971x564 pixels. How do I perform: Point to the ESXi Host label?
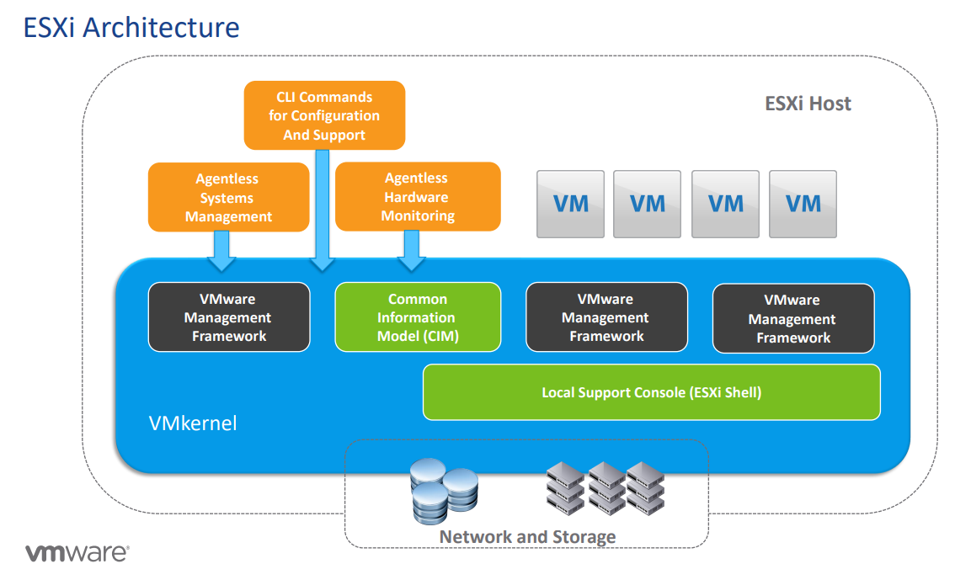[808, 104]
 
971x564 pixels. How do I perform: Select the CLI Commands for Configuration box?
[324, 115]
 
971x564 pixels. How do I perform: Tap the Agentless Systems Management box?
[228, 197]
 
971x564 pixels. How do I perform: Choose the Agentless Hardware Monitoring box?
[417, 196]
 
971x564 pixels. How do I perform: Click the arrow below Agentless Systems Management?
[221, 251]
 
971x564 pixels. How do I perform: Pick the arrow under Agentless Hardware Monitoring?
[412, 250]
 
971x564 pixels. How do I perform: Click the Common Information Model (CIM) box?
[417, 317]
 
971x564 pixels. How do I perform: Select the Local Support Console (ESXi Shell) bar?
[651, 391]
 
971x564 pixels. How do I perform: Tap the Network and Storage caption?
[527, 536]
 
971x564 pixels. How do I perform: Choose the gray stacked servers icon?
[606, 487]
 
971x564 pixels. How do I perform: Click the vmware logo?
[77, 552]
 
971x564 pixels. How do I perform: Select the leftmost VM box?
[570, 203]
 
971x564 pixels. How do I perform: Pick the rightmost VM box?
[803, 203]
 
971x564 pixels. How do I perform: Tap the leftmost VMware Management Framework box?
[228, 317]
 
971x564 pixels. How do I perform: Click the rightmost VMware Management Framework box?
[792, 318]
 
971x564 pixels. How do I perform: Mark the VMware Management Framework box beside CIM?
[606, 317]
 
